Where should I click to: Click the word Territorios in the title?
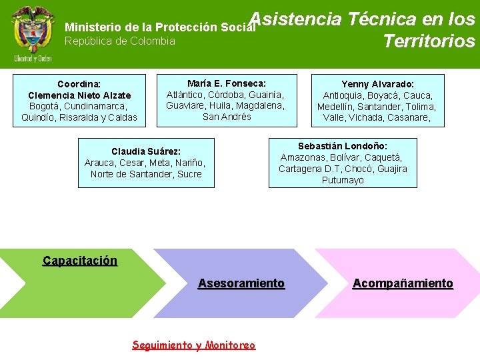(429, 41)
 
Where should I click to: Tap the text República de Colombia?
(119, 41)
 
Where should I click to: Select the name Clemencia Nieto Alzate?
(79, 95)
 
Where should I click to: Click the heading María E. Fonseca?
(227, 83)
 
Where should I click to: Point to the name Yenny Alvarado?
(377, 84)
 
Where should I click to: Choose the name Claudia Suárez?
(146, 151)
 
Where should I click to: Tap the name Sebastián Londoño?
(343, 146)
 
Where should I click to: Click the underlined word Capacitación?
(79, 261)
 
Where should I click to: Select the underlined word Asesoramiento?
(241, 283)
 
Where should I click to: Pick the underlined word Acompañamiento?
(403, 283)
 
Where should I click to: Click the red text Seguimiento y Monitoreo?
(193, 345)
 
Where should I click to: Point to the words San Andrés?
(227, 117)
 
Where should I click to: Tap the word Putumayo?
(343, 180)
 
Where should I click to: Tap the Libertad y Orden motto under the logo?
(33, 59)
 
